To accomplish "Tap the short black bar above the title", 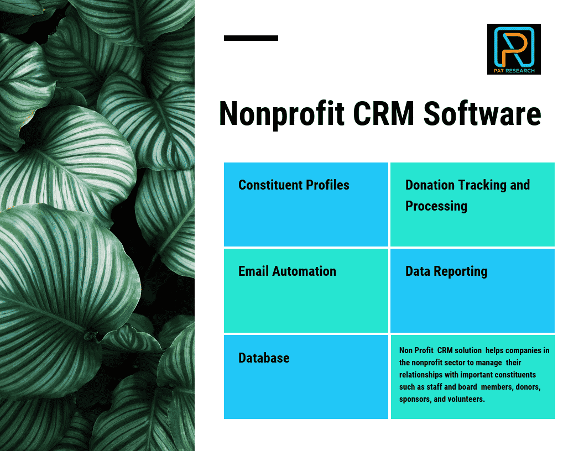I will click(251, 38).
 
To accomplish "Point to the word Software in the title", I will click(483, 114).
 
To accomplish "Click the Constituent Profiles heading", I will click(294, 185).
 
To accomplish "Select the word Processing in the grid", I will click(436, 206).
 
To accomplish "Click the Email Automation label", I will click(287, 271).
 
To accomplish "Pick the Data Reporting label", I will click(446, 271).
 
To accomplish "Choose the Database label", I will click(264, 358).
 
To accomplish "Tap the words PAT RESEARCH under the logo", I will click(514, 71).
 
